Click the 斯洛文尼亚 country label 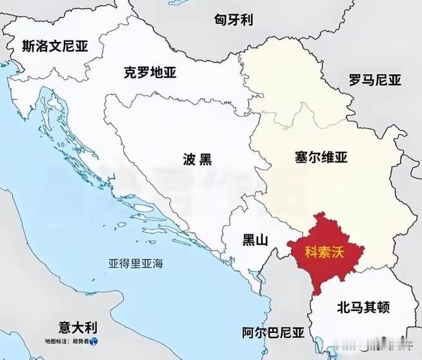(x=54, y=46)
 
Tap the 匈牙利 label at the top (x=233, y=19)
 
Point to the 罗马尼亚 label (x=374, y=81)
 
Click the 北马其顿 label (x=364, y=307)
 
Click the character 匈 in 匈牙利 (x=220, y=19)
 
